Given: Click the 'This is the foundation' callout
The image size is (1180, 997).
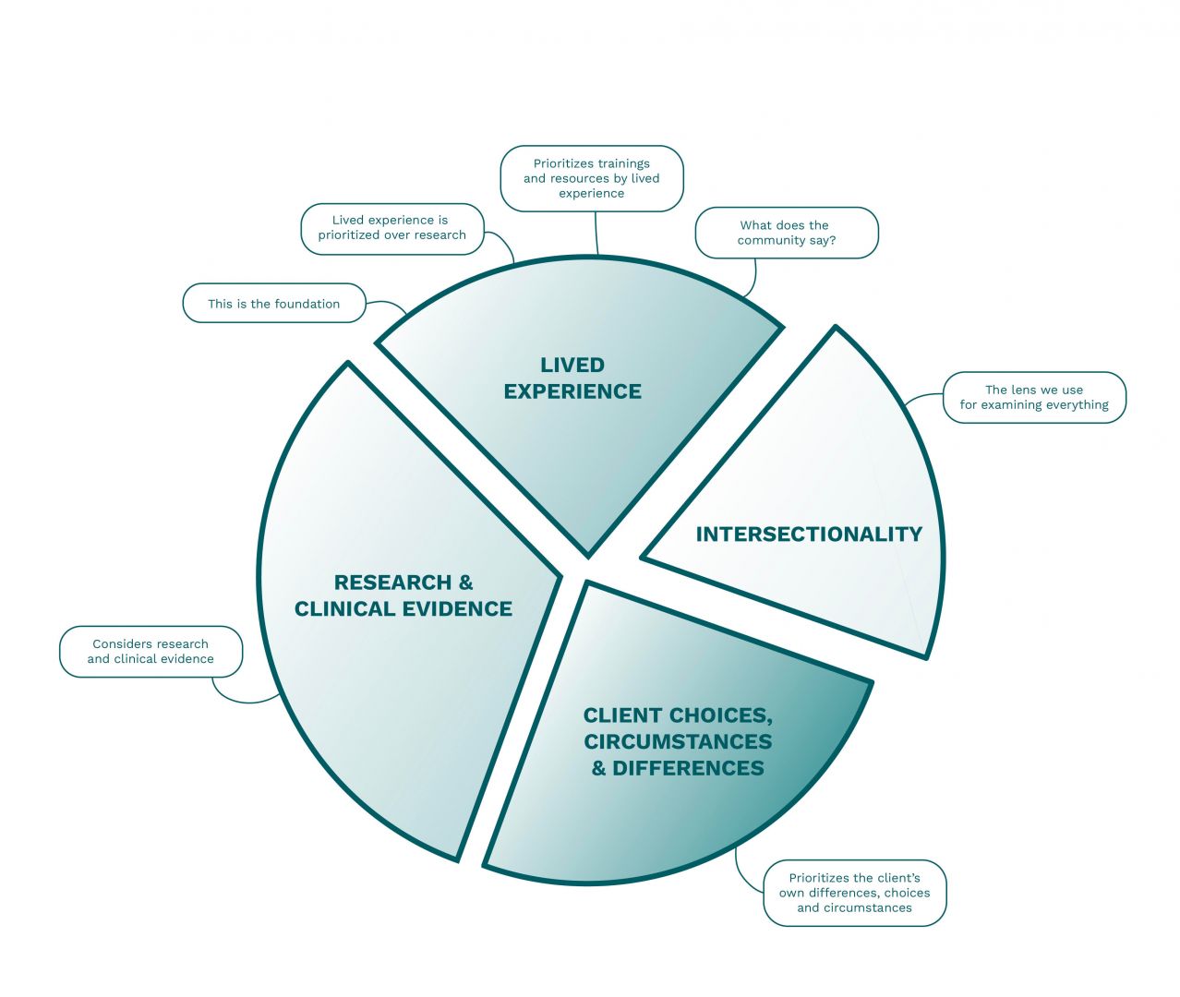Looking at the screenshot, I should [x=274, y=304].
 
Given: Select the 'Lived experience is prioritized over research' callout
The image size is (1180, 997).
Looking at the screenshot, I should [x=391, y=228].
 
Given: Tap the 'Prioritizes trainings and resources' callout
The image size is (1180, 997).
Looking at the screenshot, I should [x=591, y=178].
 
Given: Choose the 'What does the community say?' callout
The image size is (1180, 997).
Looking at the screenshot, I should [x=786, y=233].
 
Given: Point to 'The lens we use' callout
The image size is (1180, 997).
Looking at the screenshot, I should [x=1033, y=398].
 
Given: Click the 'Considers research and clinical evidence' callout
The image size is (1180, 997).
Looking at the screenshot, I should [x=151, y=652].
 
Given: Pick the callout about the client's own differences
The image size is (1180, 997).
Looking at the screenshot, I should [x=854, y=893].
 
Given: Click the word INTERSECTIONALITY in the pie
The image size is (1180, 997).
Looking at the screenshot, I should [x=809, y=535].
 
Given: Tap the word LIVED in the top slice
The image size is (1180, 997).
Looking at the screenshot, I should [x=572, y=366].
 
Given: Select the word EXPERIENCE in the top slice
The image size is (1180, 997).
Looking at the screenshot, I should [x=572, y=391].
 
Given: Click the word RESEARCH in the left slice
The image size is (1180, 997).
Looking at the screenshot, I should [x=392, y=583].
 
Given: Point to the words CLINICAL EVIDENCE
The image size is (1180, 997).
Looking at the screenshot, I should [x=403, y=609].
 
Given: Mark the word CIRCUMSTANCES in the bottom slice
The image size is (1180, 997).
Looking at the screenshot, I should [x=678, y=742].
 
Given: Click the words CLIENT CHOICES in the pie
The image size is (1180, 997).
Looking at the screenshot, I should [x=677, y=715].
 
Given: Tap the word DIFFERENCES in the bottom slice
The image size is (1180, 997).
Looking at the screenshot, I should [x=688, y=768].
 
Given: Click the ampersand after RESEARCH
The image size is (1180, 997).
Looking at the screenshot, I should [x=465, y=583].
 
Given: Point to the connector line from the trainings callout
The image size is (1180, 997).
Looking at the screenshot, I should [x=596, y=233].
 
